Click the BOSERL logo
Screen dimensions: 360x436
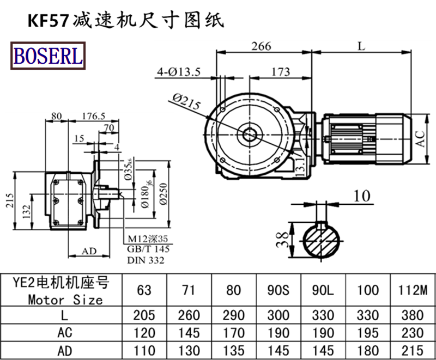(x=48, y=56)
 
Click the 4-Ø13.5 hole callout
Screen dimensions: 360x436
(x=179, y=71)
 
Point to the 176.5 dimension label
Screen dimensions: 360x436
(x=93, y=115)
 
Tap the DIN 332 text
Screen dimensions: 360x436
(x=146, y=261)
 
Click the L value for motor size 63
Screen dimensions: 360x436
(x=144, y=315)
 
